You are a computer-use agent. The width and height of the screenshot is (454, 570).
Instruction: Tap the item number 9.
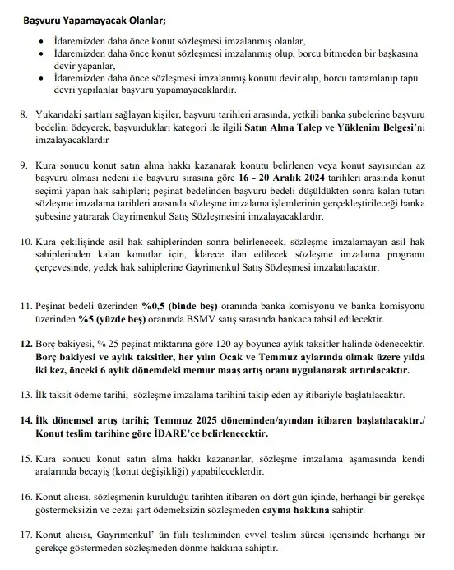point(25,165)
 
